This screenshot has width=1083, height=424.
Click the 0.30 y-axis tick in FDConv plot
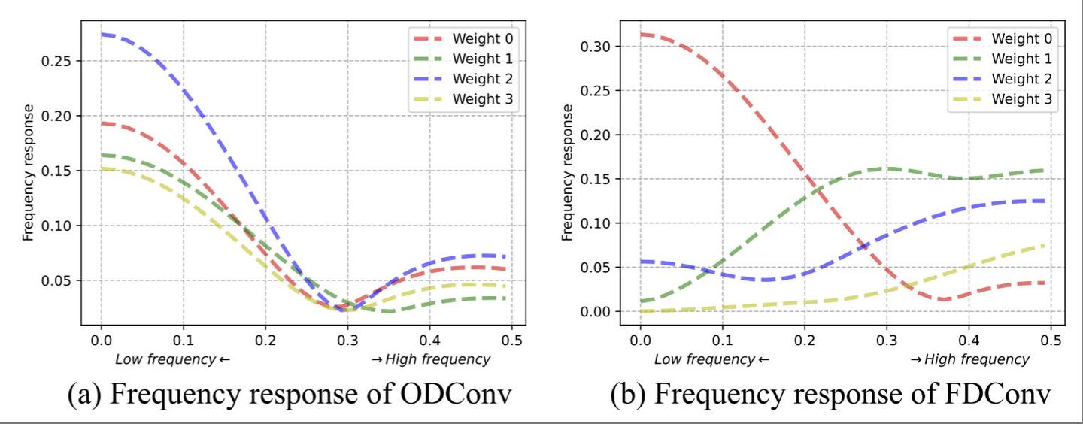coord(596,47)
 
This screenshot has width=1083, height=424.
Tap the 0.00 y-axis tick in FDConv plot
coord(596,311)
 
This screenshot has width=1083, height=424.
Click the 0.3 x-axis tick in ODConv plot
coord(347,340)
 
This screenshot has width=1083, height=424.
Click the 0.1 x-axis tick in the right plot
coord(722,340)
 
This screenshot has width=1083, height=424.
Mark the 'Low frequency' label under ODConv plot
coord(172,359)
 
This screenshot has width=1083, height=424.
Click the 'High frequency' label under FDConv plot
coord(970,359)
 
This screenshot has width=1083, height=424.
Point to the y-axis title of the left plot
coord(29,173)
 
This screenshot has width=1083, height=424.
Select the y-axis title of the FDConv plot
coord(568,173)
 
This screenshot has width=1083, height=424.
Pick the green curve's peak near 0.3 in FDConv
coord(887,168)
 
